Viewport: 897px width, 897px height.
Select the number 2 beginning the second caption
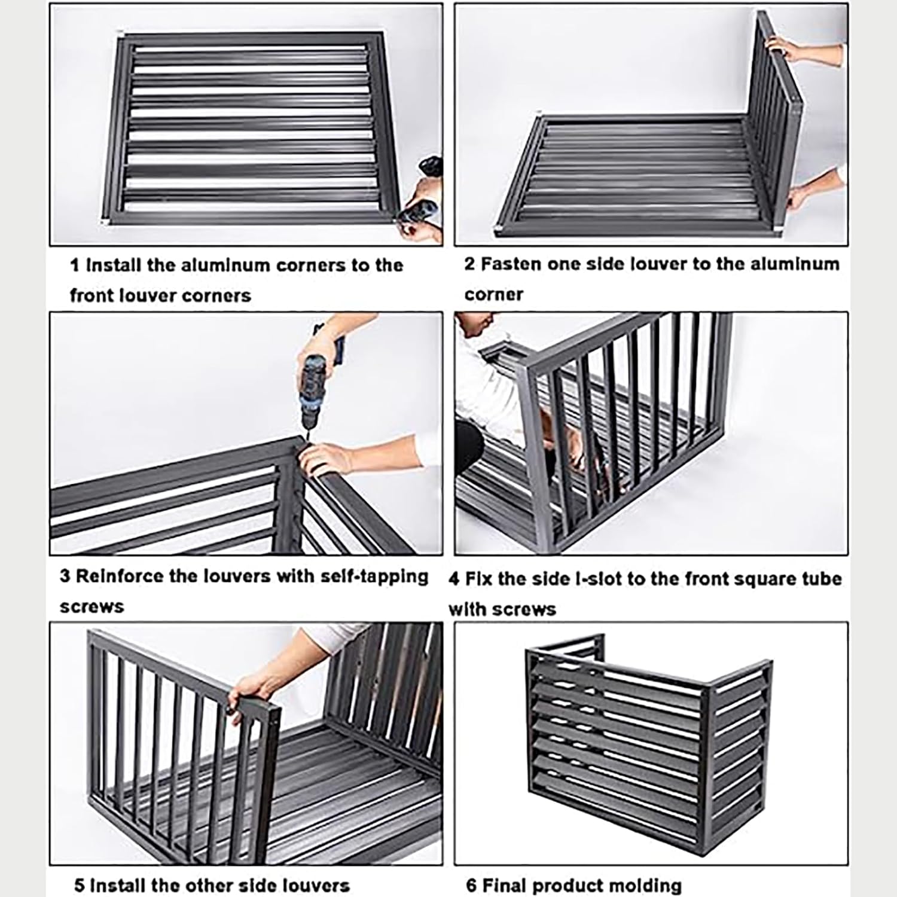[470, 264]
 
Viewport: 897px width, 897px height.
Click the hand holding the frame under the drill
[329, 457]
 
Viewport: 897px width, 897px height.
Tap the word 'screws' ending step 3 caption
[91, 606]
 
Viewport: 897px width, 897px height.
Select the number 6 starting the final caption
[471, 885]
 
